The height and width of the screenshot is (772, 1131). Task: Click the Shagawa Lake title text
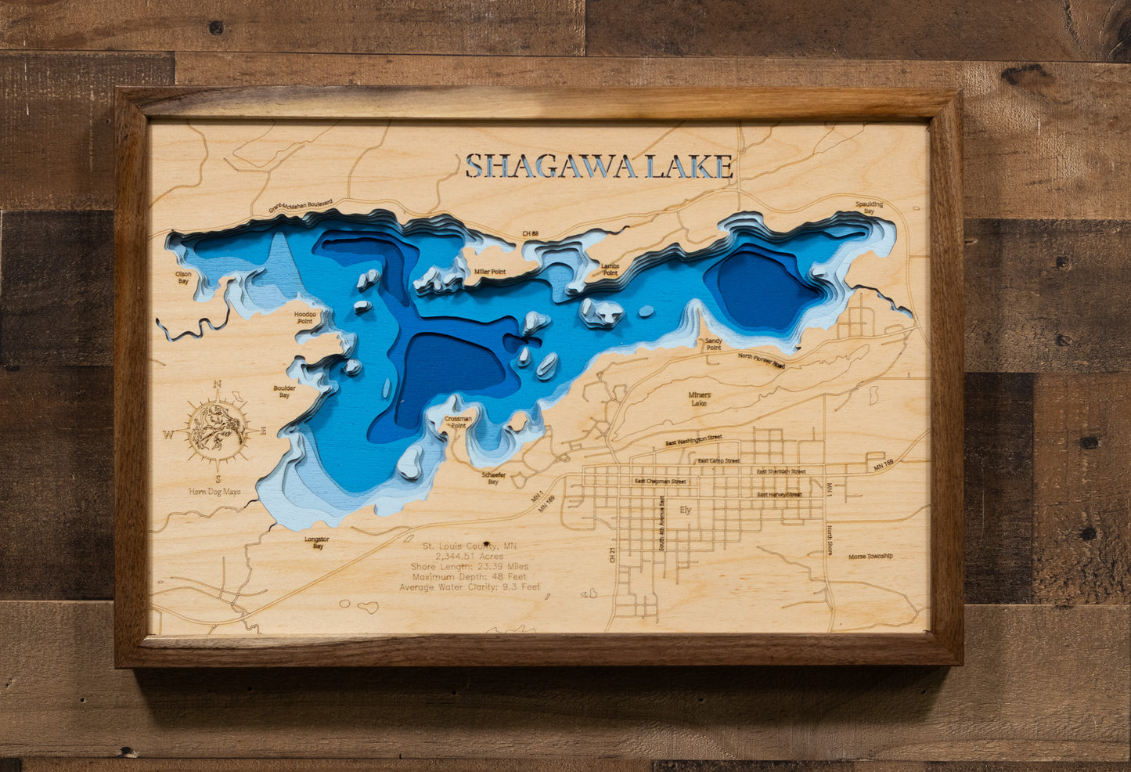tap(599, 167)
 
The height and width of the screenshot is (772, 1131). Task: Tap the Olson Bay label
tap(183, 277)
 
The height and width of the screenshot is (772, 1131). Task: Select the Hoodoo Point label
tap(304, 317)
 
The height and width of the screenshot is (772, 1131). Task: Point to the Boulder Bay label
tap(284, 391)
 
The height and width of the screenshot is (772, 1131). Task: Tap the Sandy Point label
tap(713, 345)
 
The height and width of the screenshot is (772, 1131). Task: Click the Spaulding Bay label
tap(869, 207)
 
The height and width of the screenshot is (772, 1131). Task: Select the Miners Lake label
tap(699, 399)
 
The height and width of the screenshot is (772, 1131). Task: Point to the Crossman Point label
tap(459, 423)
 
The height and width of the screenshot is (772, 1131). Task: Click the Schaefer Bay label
tap(493, 478)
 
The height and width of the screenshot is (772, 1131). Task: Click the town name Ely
tap(686, 510)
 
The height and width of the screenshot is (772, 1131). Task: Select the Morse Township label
tap(870, 557)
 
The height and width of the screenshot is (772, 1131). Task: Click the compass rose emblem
tap(218, 429)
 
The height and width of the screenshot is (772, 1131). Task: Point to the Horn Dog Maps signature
tap(214, 492)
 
